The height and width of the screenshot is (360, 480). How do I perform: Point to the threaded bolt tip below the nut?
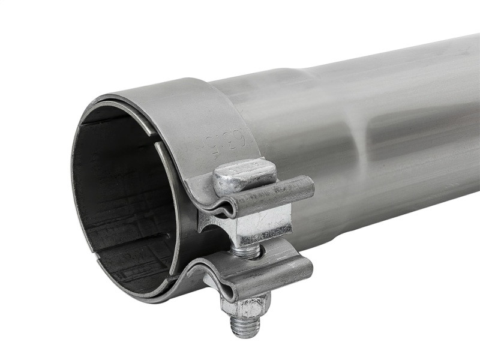(245, 326)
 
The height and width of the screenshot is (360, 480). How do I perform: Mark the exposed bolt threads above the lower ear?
(248, 251)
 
